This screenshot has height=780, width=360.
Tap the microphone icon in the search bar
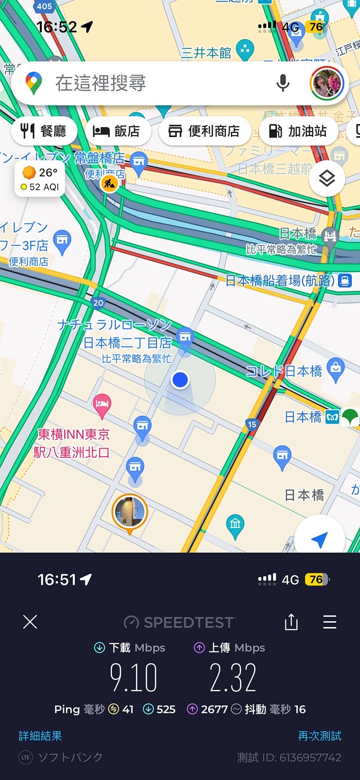pyautogui.click(x=283, y=83)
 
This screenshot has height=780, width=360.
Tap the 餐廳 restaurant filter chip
pyautogui.click(x=44, y=131)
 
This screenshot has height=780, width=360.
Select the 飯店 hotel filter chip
pyautogui.click(x=117, y=131)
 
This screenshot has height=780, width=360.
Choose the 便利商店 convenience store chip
pyautogui.click(x=204, y=131)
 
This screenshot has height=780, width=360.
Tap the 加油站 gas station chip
pyautogui.click(x=298, y=131)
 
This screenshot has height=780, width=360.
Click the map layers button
pyautogui.click(x=327, y=179)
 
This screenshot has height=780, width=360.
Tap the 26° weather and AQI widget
pyautogui.click(x=40, y=179)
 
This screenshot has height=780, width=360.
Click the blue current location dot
pyautogui.click(x=180, y=380)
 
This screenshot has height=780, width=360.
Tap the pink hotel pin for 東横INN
pyautogui.click(x=102, y=403)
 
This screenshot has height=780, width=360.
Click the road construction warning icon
pyautogui.click(x=109, y=183)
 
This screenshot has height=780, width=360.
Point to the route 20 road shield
pyautogui.click(x=98, y=303)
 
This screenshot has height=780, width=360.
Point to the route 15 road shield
pyautogui.click(x=252, y=424)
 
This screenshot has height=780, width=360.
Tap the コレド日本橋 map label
pyautogui.click(x=284, y=371)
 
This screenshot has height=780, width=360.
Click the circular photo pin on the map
pyautogui.click(x=130, y=512)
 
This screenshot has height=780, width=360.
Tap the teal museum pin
pyautogui.click(x=235, y=524)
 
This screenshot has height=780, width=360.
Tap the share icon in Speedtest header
pyautogui.click(x=291, y=622)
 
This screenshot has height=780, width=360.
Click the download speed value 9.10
pyautogui.click(x=134, y=677)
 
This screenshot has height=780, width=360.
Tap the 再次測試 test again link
pyautogui.click(x=319, y=736)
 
